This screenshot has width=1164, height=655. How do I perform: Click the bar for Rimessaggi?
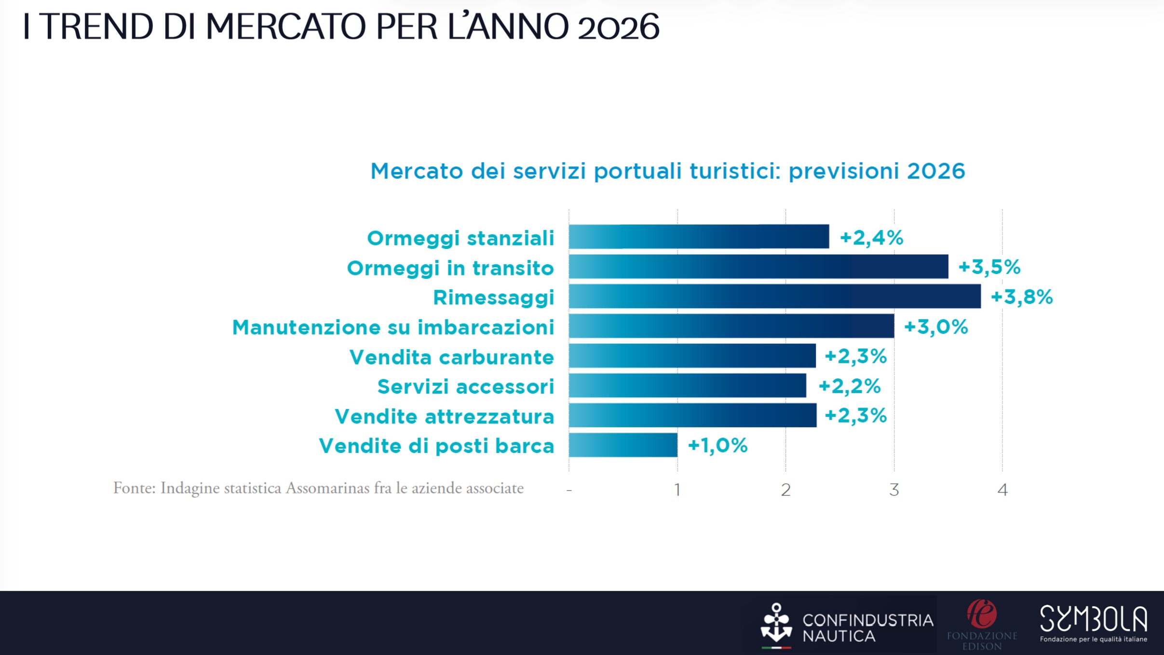pyautogui.click(x=774, y=296)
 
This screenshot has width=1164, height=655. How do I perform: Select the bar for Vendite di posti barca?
pyautogui.click(x=623, y=445)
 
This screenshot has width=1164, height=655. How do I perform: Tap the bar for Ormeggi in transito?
pyautogui.click(x=758, y=266)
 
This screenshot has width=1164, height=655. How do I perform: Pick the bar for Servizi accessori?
pyautogui.click(x=688, y=385)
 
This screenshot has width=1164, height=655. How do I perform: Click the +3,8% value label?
pyautogui.click(x=1022, y=297)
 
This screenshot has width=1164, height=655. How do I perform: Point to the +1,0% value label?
pyautogui.click(x=717, y=446)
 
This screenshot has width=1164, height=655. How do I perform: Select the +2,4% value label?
pyautogui.click(x=871, y=238)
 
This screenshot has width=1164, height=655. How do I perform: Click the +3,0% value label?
pyautogui.click(x=936, y=327)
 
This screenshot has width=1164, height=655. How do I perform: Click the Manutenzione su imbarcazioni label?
pyautogui.click(x=393, y=327)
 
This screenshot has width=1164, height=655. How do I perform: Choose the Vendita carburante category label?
pyautogui.click(x=452, y=357)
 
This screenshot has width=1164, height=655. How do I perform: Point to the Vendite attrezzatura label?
pyautogui.click(x=445, y=417)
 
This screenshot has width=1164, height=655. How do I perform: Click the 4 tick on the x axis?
pyautogui.click(x=1002, y=490)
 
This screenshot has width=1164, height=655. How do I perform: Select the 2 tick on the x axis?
pyautogui.click(x=785, y=490)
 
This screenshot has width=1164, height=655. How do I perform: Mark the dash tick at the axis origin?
pyautogui.click(x=569, y=491)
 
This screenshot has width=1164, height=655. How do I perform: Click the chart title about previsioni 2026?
pyautogui.click(x=667, y=171)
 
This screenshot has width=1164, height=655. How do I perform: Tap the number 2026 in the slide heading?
pyautogui.click(x=618, y=27)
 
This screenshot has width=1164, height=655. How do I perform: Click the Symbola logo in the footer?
pyautogui.click(x=1094, y=624)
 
